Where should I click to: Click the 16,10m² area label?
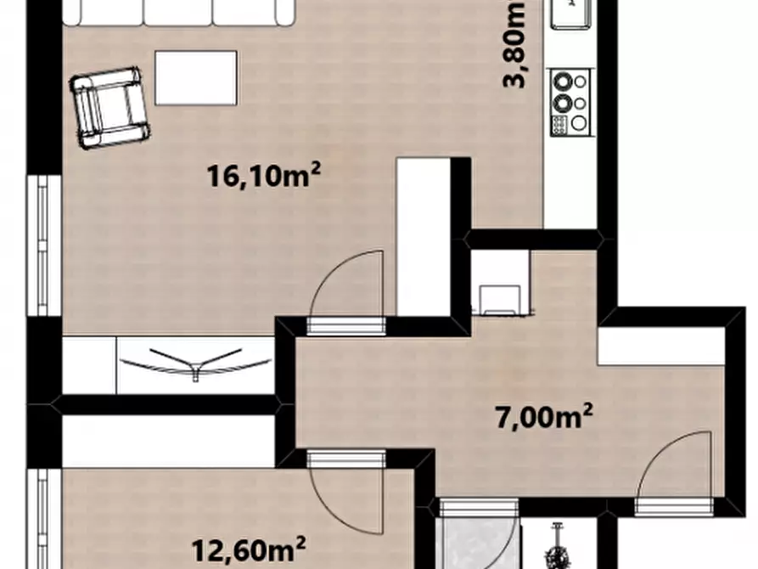pyautogui.click(x=264, y=175)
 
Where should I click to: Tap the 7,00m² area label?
pyautogui.click(x=544, y=417)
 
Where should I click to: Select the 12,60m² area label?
pyautogui.click(x=249, y=549)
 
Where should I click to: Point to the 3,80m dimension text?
pyautogui.click(x=514, y=44)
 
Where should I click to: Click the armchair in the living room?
pyautogui.click(x=109, y=107)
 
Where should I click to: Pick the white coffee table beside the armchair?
pyautogui.click(x=196, y=78)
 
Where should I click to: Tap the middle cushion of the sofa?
pyautogui.click(x=178, y=12)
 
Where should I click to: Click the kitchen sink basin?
pyautogui.click(x=572, y=12)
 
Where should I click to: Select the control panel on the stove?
pyautogui.click(x=559, y=126)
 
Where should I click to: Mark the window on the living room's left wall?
pyautogui.click(x=43, y=245)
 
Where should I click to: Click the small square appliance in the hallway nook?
pyautogui.click(x=500, y=300)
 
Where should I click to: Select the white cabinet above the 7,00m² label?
pyautogui.click(x=661, y=346)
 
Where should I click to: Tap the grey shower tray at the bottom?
pyautogui.click(x=476, y=544)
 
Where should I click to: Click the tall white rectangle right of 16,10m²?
pyautogui.click(x=424, y=237)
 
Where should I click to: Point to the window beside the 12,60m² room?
pyautogui.click(x=43, y=519)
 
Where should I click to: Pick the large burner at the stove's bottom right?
pyautogui.click(x=579, y=123)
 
